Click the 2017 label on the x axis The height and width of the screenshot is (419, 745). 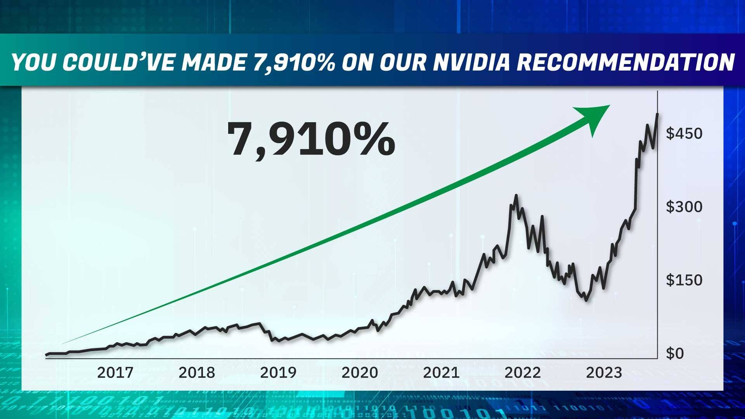click(x=115, y=373)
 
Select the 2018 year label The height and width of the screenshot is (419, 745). click(x=196, y=373)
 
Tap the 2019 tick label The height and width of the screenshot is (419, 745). click(x=278, y=373)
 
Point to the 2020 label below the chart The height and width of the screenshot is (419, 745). click(x=359, y=373)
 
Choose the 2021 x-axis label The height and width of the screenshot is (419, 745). click(x=441, y=373)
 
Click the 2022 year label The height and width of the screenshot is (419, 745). click(x=522, y=373)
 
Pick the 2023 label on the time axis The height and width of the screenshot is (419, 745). click(x=604, y=373)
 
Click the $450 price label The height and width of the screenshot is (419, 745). click(x=684, y=133)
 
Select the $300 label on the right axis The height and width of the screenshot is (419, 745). click(x=684, y=207)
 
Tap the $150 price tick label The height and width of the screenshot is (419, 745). click(x=684, y=280)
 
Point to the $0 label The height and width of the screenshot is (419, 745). click(x=675, y=353)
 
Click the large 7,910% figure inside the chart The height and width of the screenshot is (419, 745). click(x=311, y=139)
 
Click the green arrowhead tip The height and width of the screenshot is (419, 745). click(x=609, y=106)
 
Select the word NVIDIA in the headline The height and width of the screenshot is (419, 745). click(x=470, y=62)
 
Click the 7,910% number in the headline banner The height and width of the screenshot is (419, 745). click(x=294, y=62)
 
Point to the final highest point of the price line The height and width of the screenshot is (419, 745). click(x=657, y=114)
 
